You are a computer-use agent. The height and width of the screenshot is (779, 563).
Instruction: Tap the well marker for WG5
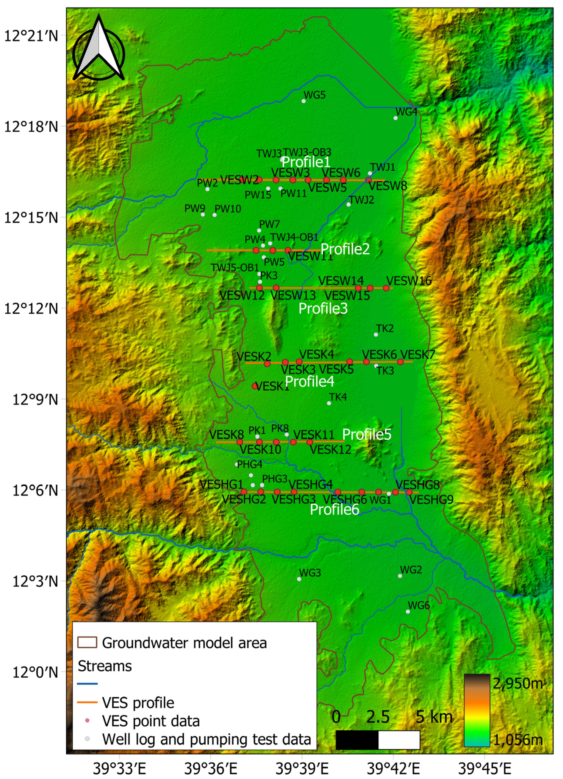304,101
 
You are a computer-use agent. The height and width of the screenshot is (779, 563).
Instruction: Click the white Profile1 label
306,162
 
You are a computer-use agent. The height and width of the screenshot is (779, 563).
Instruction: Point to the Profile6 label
334,509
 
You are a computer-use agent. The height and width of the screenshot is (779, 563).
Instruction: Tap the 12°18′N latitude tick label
31,126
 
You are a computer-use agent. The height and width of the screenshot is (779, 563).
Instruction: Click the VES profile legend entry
138,703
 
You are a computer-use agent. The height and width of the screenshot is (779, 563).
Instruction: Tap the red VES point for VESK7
400,362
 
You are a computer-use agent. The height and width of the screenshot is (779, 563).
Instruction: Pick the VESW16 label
408,281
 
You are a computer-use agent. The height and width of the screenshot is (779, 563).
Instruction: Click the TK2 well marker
376,335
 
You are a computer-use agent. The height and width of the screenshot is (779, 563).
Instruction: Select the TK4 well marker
329,403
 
